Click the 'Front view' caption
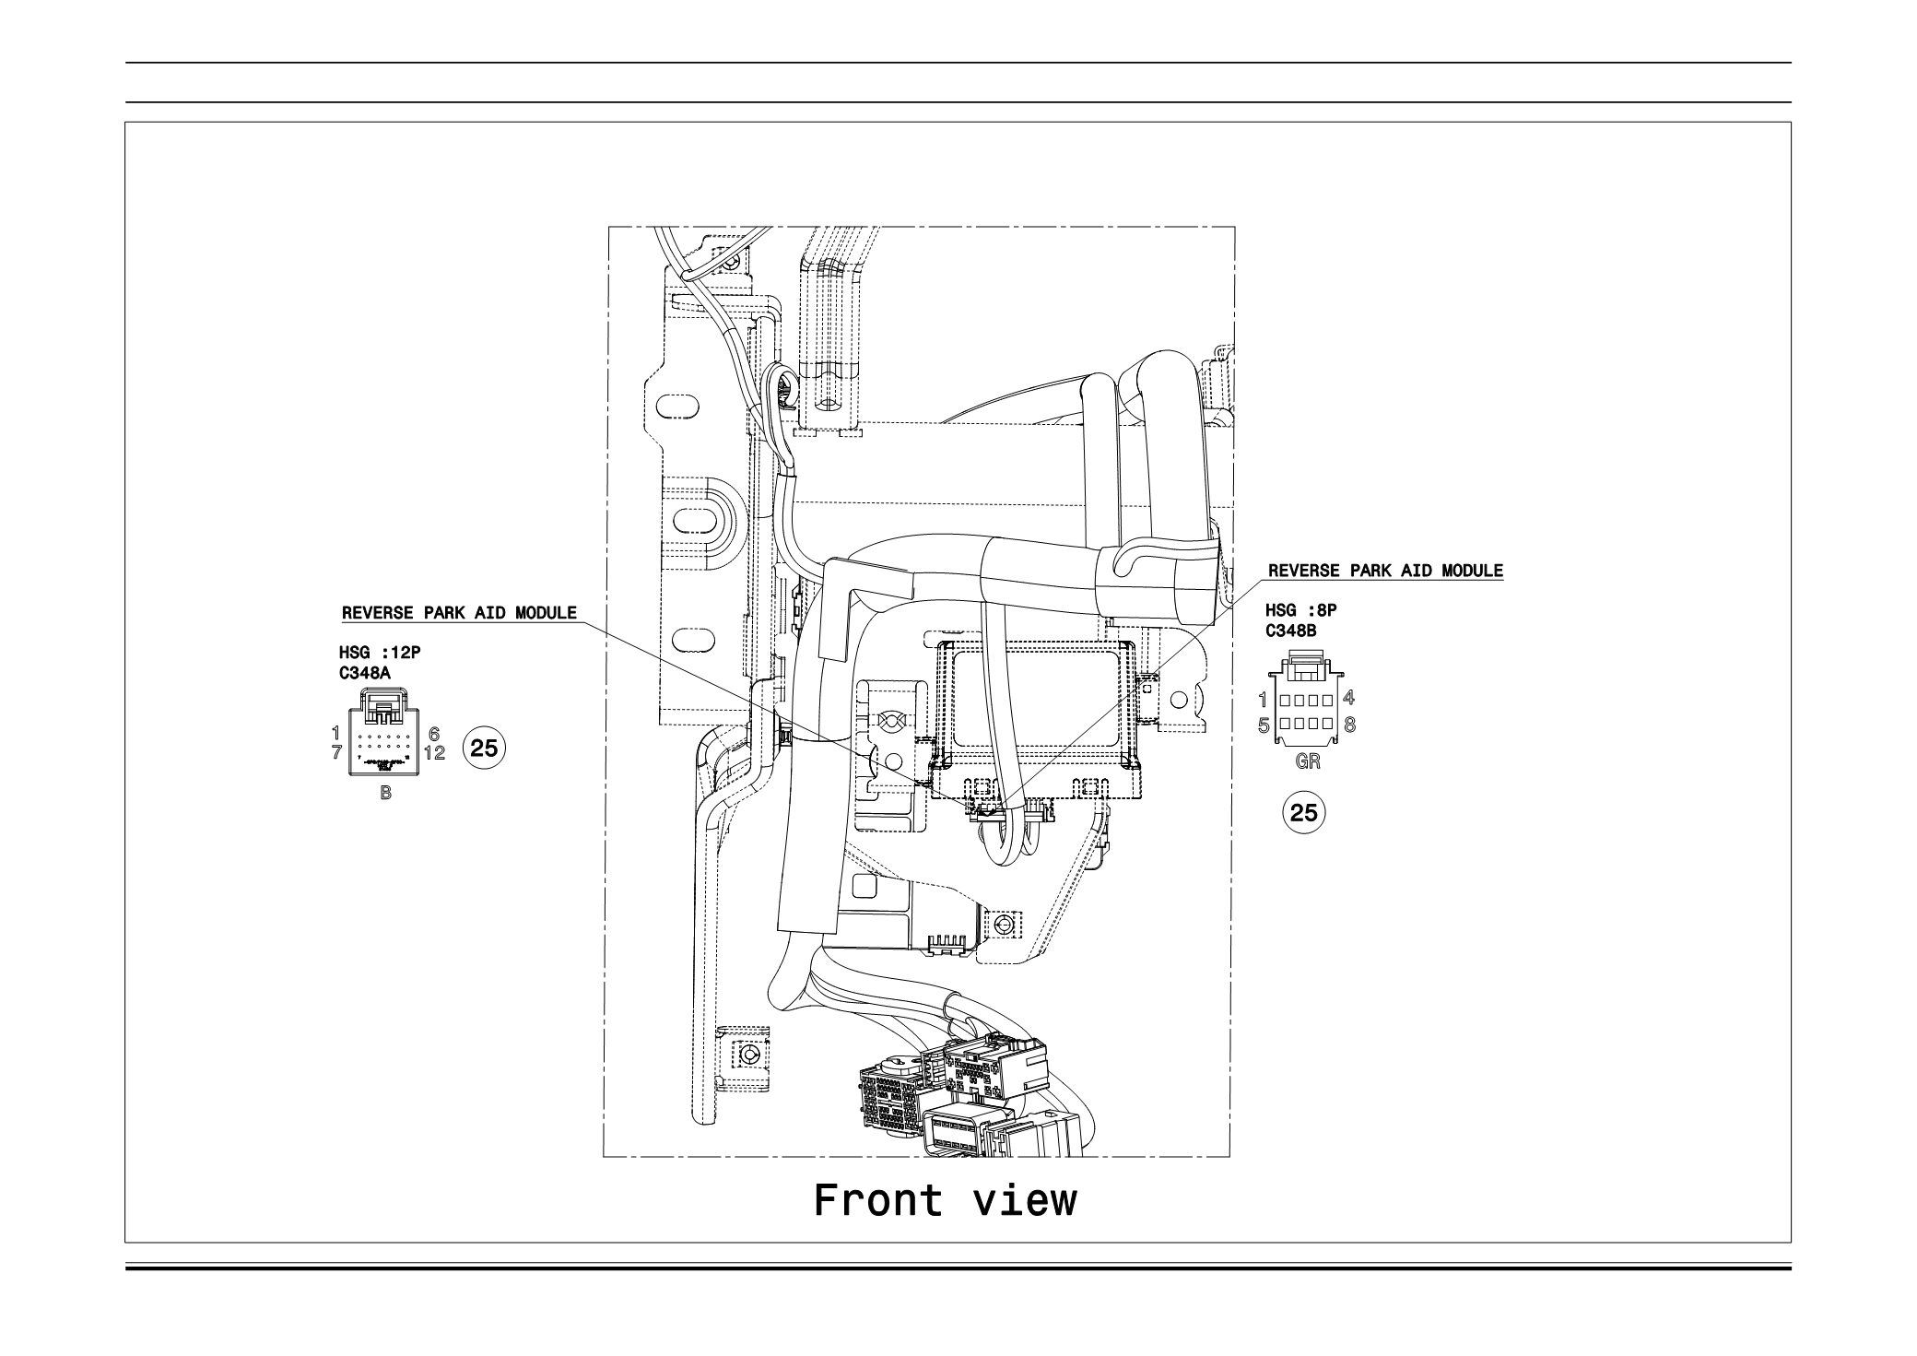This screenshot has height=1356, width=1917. click(x=945, y=1201)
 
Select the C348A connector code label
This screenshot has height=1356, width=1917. click(x=364, y=674)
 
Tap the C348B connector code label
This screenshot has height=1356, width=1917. click(x=1290, y=631)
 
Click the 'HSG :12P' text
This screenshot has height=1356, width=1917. click(x=381, y=653)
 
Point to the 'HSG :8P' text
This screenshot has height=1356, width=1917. click(x=1300, y=610)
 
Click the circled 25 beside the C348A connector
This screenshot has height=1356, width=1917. click(x=484, y=749)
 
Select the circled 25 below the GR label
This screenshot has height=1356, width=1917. click(x=1304, y=813)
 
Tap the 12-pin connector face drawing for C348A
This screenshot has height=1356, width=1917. click(x=385, y=739)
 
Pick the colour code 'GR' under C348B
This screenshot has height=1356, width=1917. click(x=1307, y=761)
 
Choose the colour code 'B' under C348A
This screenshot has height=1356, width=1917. click(x=385, y=793)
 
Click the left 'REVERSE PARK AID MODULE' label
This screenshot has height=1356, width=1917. click(x=459, y=613)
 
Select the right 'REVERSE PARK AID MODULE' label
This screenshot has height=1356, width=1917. click(x=1385, y=571)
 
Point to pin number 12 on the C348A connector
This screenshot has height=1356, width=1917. click(x=434, y=753)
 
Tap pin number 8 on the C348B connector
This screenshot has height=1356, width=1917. click(x=1349, y=725)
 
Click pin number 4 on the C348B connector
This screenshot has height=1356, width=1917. click(x=1348, y=698)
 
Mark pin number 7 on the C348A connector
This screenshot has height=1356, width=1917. click(x=336, y=752)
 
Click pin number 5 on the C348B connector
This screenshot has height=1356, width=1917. click(x=1264, y=725)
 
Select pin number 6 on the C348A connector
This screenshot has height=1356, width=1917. click(x=434, y=735)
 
